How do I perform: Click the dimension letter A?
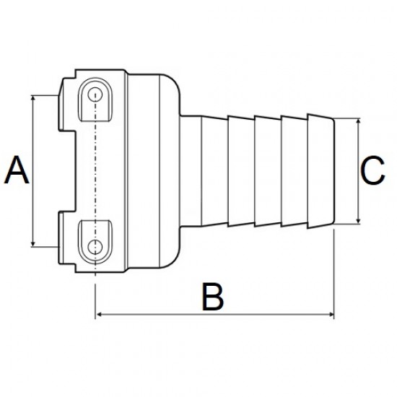pyautogui.click(x=17, y=170)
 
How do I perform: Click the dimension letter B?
pyautogui.click(x=213, y=297)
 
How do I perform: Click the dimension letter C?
pyautogui.click(x=372, y=170)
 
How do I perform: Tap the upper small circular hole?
pyautogui.click(x=95, y=95)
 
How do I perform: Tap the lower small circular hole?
pyautogui.click(x=95, y=247)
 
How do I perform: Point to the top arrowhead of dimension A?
pyautogui.click(x=33, y=98)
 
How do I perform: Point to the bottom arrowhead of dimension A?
pyautogui.click(x=33, y=243)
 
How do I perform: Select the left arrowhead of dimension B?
pyautogui.click(x=99, y=315)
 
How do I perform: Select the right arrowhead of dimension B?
pyautogui.click(x=331, y=315)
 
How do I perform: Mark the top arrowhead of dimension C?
pyautogui.click(x=358, y=121)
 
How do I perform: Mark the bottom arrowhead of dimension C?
pyautogui.click(x=358, y=221)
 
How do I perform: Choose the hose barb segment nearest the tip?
pyautogui.click(x=321, y=171)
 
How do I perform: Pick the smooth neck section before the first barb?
pyautogui.click(x=191, y=171)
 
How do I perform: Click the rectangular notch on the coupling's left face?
pyautogui.click(x=67, y=171)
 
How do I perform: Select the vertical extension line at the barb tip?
pyautogui.click(x=334, y=274)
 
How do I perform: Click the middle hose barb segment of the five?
pyautogui.click(x=268, y=171)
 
